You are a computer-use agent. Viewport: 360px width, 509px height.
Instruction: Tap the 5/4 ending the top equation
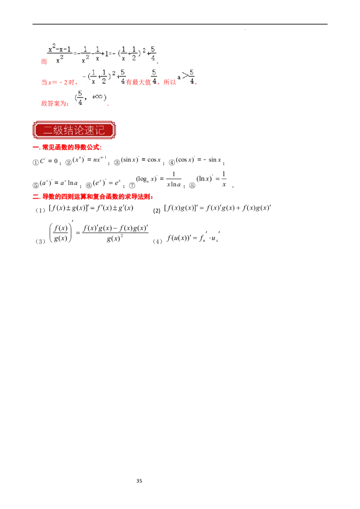click(153, 53)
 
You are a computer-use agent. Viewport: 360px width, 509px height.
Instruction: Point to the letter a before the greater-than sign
click(179, 77)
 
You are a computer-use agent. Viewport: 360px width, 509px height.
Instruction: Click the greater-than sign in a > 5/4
click(185, 76)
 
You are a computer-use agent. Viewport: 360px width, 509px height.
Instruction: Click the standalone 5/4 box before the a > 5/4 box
click(154, 76)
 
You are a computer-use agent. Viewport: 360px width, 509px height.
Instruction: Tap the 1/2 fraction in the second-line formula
click(103, 76)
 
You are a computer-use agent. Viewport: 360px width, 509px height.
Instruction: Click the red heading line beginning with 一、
click(68, 147)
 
